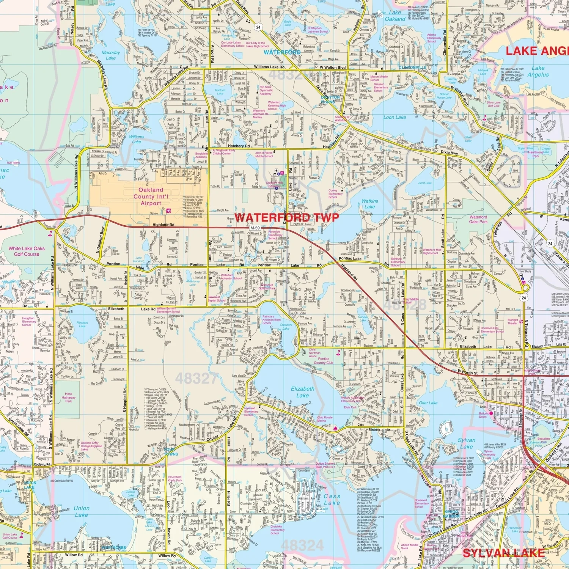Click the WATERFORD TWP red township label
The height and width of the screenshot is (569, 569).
pos(286,218)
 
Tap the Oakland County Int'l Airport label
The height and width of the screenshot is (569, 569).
pos(151,196)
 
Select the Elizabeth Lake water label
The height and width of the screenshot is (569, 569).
pos(302,392)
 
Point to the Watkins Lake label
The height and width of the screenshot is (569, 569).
pos(369,204)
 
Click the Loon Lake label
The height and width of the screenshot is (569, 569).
pos(395,117)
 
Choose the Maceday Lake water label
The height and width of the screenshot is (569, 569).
pos(111,55)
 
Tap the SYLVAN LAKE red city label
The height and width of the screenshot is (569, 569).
pos(504,553)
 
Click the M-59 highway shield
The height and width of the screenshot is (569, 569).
pos(255,228)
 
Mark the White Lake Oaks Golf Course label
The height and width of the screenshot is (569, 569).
pos(27,251)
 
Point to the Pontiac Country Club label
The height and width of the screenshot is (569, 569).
pos(324,360)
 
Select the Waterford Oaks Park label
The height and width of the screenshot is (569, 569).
pos(478,219)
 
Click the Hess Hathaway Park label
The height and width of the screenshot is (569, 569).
pos(68,397)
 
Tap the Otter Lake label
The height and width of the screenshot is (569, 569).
pos(428,403)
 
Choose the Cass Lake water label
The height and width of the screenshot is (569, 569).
pos(332,499)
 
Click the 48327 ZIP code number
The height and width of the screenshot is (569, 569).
pos(196,378)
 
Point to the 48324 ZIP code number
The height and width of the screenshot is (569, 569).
pos(302,545)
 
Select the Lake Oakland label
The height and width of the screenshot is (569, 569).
pos(395,16)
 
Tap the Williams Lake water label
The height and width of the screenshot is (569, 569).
pos(137,139)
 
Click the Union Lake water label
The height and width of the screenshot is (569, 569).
pos(82,511)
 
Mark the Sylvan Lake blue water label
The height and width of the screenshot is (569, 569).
pos(467,443)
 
